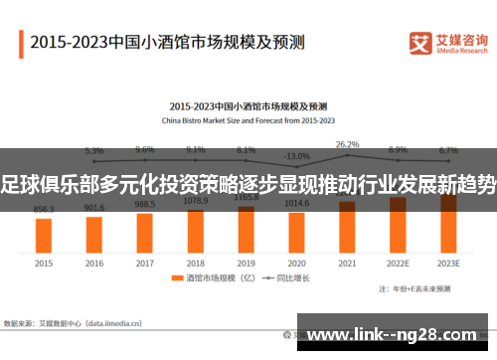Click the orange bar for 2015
44,235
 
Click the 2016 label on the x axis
94,264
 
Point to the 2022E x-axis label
398,264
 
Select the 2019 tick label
246,264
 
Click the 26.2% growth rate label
347,144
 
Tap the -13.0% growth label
296,156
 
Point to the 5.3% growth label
94,151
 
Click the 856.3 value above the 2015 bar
44,209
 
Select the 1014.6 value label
296,202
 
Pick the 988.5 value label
145,204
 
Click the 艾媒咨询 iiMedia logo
448,44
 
